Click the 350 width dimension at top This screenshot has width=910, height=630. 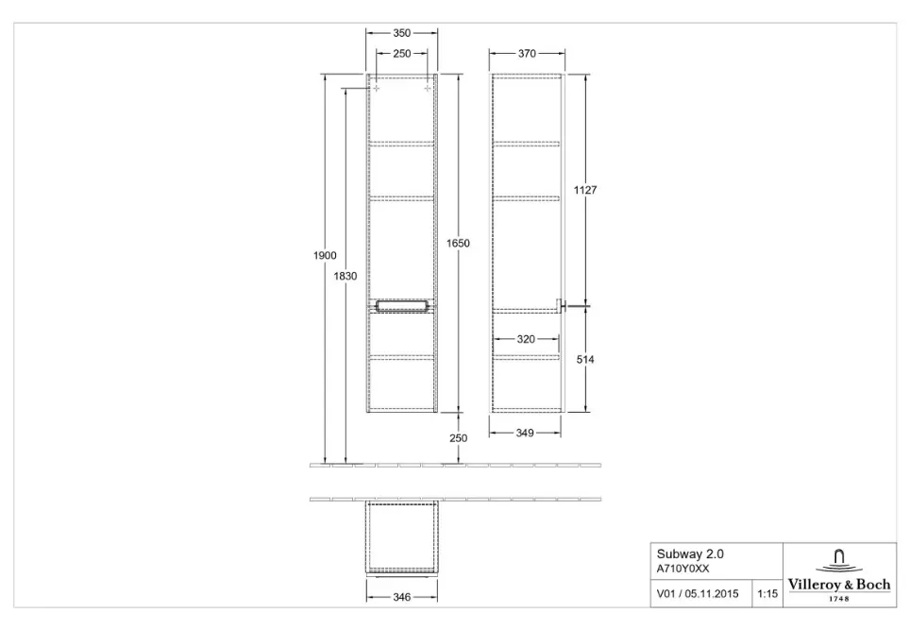click(x=401, y=34)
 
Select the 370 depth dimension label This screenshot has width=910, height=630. click(x=527, y=54)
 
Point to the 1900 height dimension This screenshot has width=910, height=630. click(x=325, y=255)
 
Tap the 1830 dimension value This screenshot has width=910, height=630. click(x=345, y=277)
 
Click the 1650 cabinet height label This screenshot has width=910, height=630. click(x=458, y=244)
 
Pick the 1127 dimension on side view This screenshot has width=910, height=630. click(x=585, y=190)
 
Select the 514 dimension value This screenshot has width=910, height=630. click(x=585, y=360)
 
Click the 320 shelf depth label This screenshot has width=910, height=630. click(x=526, y=339)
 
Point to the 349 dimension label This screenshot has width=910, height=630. click(x=525, y=434)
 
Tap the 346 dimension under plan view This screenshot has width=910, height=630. click(x=401, y=597)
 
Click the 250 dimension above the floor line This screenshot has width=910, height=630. click(x=458, y=438)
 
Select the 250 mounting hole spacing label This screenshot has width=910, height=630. click(x=401, y=54)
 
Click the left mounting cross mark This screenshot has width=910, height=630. click(x=377, y=88)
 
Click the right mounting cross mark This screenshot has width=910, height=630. click(x=428, y=88)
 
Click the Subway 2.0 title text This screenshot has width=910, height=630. click(x=690, y=553)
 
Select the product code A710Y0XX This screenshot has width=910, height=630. click(x=682, y=569)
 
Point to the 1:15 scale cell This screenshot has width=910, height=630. click(x=767, y=593)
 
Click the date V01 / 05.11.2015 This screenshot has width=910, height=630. click(x=698, y=593)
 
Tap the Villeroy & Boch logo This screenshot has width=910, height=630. click(x=839, y=575)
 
